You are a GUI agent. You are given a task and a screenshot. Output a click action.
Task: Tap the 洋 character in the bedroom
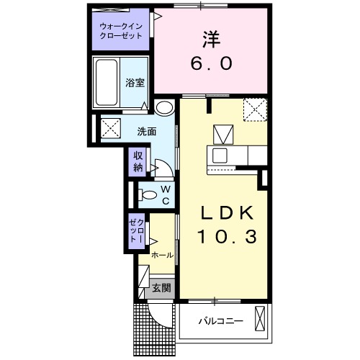[212, 37]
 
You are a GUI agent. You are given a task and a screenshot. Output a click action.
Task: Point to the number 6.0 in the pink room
[212, 63]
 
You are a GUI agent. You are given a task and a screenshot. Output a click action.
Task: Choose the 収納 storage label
[138, 161]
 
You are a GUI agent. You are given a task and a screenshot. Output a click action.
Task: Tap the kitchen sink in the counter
[218, 156]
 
